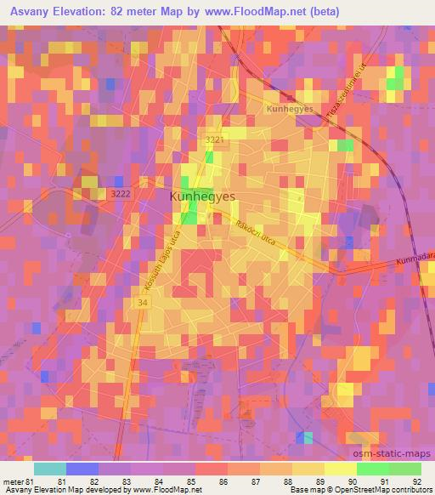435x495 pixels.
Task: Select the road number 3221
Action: (x=215, y=139)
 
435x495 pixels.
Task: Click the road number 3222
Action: (x=120, y=195)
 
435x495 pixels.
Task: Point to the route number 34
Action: (x=139, y=302)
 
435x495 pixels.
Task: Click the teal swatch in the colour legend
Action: (x=50, y=469)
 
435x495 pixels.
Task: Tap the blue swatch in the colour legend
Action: (x=82, y=469)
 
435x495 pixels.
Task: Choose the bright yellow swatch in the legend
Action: (x=340, y=469)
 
